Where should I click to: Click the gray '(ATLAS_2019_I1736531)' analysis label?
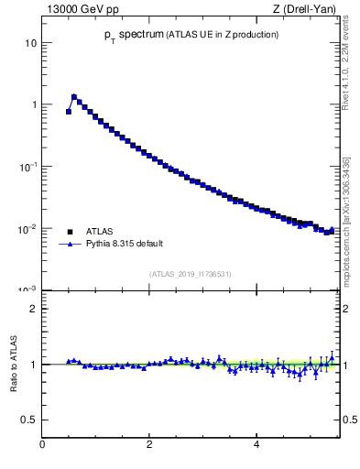[x=191, y=274]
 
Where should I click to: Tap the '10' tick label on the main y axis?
[x=30, y=43]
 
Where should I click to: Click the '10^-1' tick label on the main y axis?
[x=27, y=166]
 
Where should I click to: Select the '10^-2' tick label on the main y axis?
[x=27, y=228]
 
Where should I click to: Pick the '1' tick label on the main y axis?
[x=33, y=104]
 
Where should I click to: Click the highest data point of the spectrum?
[x=74, y=96]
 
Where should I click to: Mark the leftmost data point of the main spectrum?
[x=69, y=112]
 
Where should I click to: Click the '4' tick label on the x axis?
[x=256, y=445]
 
